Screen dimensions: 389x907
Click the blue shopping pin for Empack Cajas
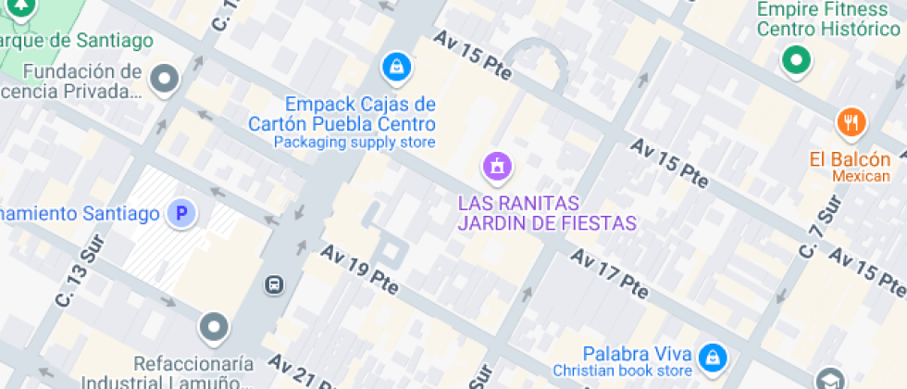point(396,67)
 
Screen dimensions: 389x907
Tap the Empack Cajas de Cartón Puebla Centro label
point(360,113)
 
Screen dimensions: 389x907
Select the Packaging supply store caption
point(354,143)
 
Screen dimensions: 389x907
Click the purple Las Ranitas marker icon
point(498,168)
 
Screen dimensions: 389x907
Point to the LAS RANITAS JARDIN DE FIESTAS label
point(547,213)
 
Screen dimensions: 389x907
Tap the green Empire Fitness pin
point(795,61)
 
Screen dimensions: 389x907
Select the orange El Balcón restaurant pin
point(851,121)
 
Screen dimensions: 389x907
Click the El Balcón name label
point(850,159)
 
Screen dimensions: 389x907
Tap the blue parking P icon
point(181,215)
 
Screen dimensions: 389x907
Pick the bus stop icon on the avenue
point(274,283)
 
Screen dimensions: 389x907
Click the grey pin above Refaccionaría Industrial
point(214,326)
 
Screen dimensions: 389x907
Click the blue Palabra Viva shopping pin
point(713,356)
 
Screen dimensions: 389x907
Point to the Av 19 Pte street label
point(360,270)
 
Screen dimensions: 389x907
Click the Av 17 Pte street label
point(608,270)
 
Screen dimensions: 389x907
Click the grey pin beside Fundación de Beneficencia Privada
point(165,80)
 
